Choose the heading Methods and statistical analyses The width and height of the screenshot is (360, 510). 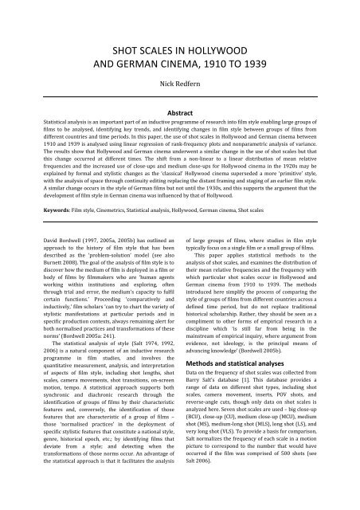click(x=242, y=386)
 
